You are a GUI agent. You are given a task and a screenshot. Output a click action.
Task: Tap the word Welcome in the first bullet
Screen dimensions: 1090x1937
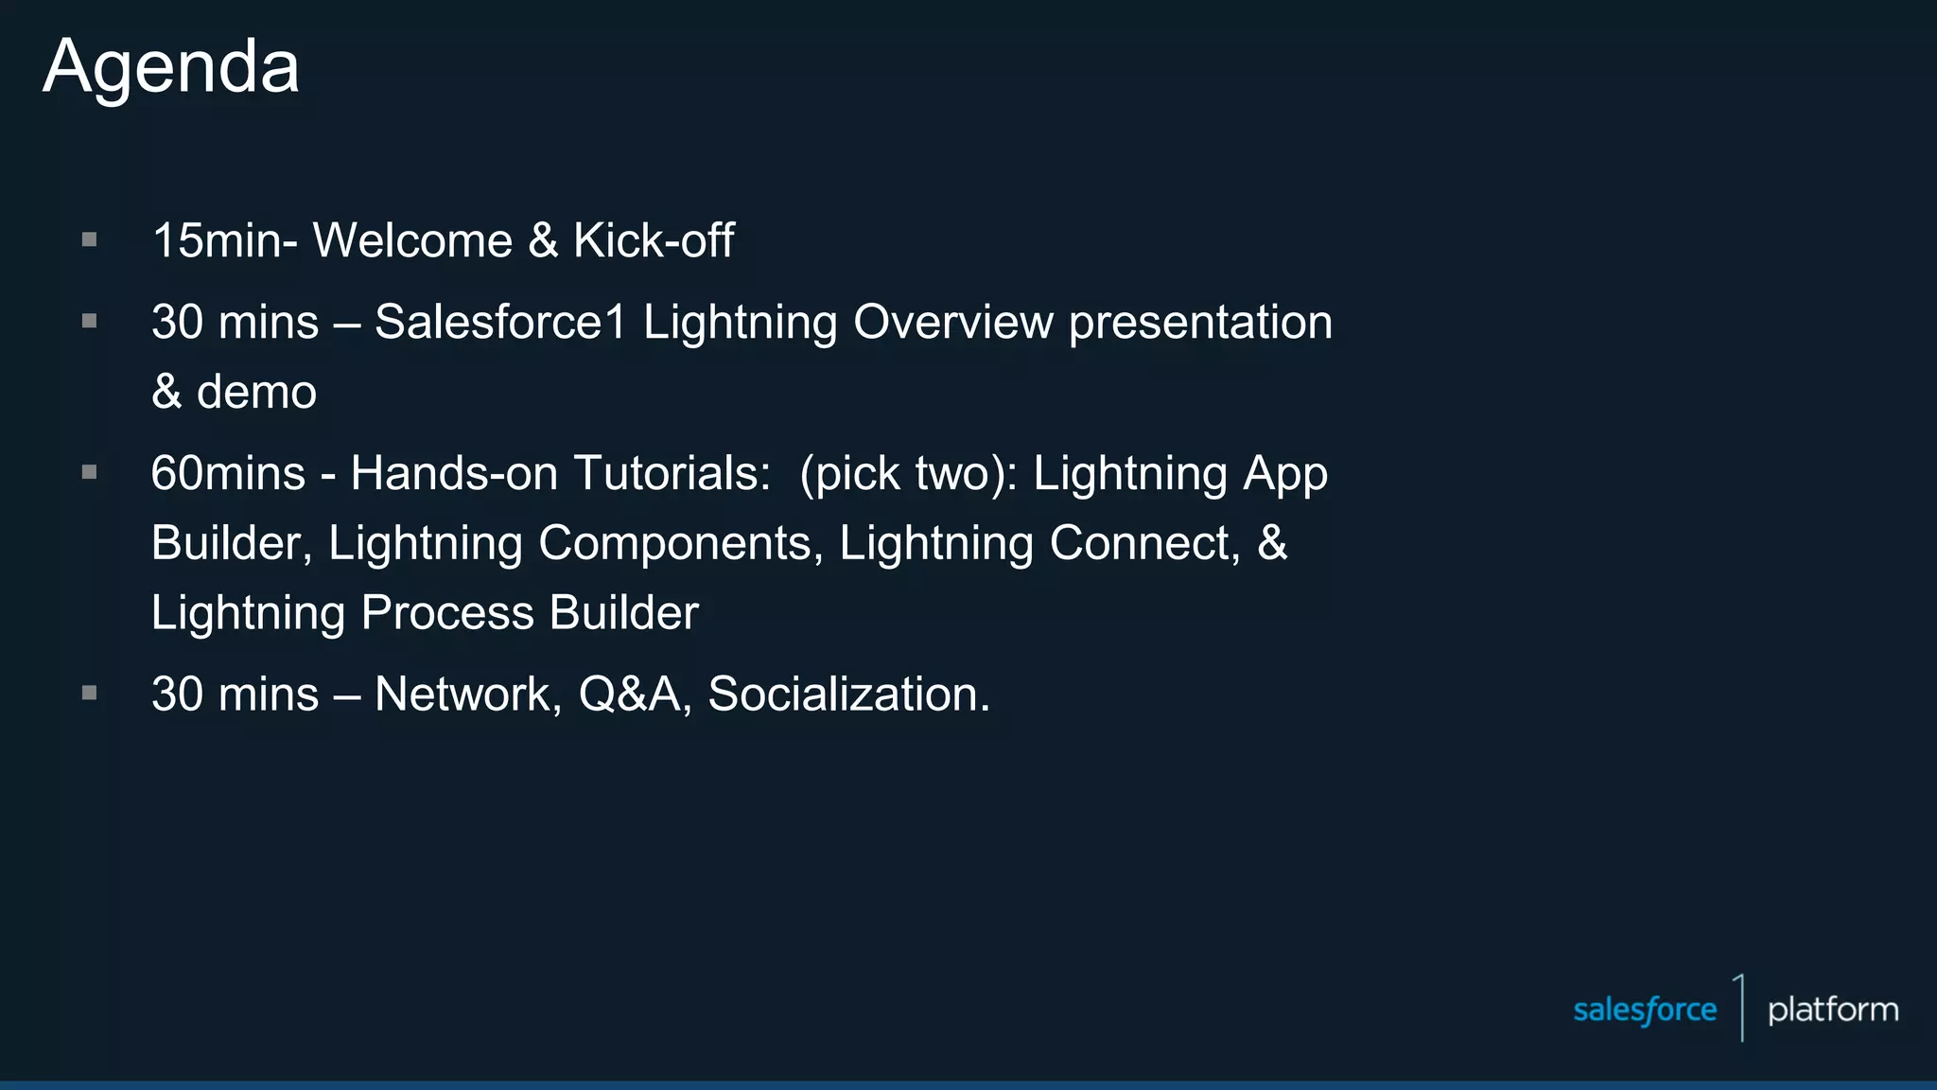[x=412, y=240]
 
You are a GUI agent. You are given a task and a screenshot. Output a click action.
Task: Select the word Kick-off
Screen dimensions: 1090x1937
[x=654, y=240]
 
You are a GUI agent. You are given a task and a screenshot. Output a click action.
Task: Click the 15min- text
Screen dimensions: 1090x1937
[x=225, y=240]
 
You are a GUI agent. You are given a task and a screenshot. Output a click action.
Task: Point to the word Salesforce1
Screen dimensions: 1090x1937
[x=500, y=322]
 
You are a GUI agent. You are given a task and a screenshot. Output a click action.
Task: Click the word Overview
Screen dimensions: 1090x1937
[x=952, y=322]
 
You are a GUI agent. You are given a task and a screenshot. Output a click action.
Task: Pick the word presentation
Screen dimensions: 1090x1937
[x=1200, y=324]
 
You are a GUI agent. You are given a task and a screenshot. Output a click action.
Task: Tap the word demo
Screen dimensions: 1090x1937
[x=256, y=392]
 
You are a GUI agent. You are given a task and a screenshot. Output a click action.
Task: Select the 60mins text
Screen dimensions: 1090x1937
[x=228, y=473]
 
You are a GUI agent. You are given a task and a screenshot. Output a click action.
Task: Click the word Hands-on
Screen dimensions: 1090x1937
[x=454, y=473]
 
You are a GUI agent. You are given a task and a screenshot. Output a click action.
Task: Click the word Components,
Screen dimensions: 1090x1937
[x=680, y=544]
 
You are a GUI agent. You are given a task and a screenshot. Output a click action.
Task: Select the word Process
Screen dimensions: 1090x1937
[x=447, y=613]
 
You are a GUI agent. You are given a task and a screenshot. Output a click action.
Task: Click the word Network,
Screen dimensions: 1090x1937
[x=468, y=694]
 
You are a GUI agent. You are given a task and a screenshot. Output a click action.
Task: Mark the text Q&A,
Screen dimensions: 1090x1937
[x=635, y=694]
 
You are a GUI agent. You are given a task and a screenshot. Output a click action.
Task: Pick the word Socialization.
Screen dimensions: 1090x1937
[x=848, y=694]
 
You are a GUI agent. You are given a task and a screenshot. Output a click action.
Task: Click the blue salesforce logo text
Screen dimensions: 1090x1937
[x=1644, y=1011]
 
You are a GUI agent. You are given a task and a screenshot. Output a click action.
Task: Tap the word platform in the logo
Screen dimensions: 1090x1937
[x=1832, y=1011]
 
